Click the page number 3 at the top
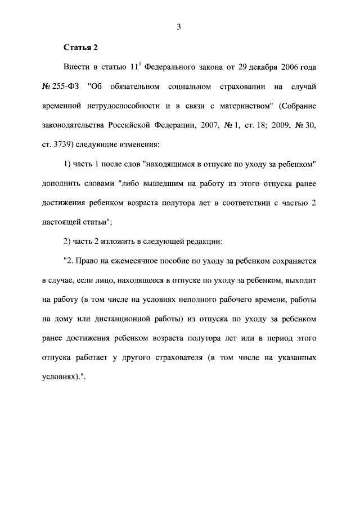coord(178,25)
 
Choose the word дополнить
coord(62,185)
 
